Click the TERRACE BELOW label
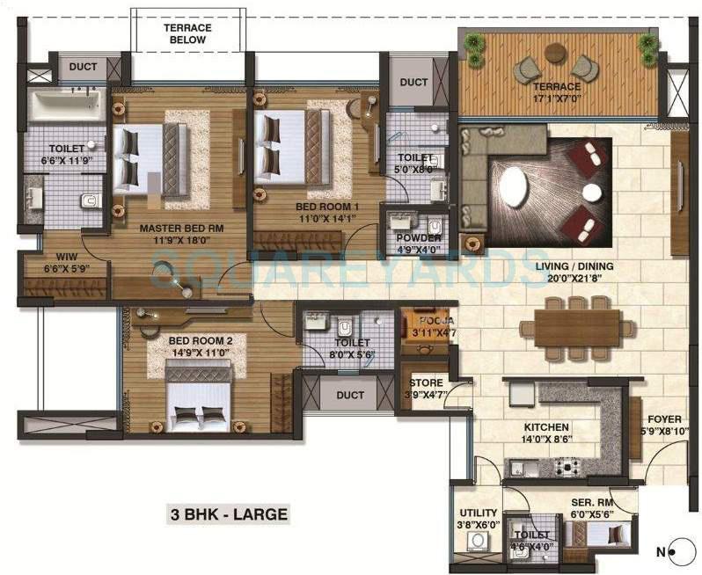187,33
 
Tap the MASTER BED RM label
182,227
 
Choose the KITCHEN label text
547,426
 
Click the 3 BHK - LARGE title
228,513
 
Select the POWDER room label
419,238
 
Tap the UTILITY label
478,513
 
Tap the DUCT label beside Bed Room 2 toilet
349,396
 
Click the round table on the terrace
555,53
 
